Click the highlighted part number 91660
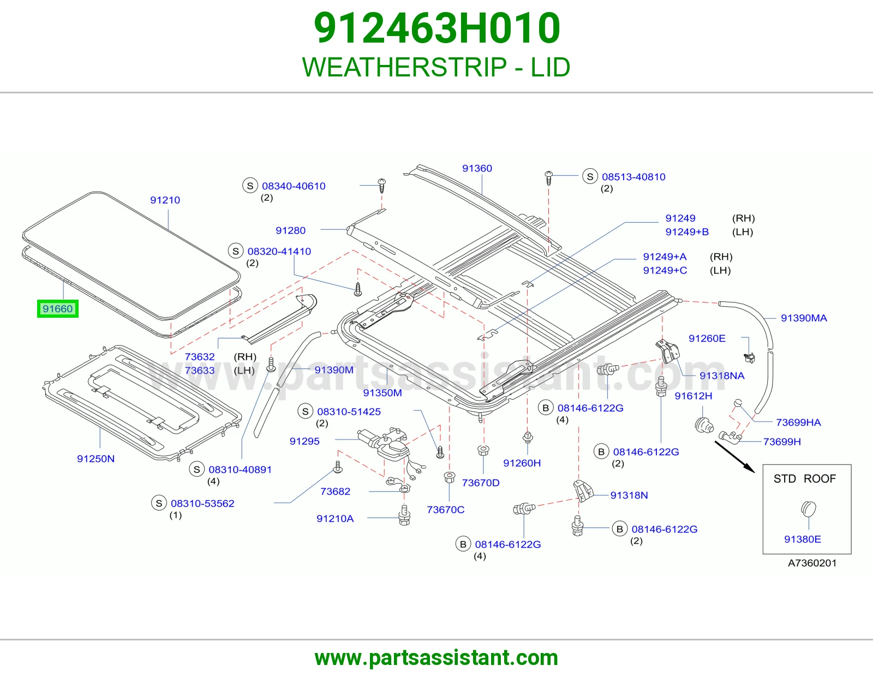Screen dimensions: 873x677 [x=57, y=309]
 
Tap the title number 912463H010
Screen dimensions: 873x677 [x=436, y=28]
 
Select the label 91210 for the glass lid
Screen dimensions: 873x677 [x=165, y=200]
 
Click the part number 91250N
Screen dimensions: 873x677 [x=96, y=459]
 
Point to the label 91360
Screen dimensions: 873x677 [x=477, y=168]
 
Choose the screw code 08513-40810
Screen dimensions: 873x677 [x=633, y=176]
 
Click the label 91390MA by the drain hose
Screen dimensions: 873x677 [x=804, y=318]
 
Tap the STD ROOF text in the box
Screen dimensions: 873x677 [x=805, y=478]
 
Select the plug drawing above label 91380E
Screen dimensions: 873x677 [x=808, y=509]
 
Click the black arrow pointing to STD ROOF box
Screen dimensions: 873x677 [x=734, y=456]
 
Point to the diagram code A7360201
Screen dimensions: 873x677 [x=812, y=563]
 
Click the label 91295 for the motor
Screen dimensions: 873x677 [x=304, y=441]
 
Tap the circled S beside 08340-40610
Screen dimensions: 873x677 [x=250, y=186]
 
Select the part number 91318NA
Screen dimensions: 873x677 [x=722, y=376]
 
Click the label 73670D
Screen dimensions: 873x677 [x=481, y=483]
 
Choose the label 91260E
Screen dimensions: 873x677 [x=707, y=338]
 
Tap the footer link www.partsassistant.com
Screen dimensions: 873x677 [x=436, y=658]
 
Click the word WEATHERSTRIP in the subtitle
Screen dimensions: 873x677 [x=404, y=67]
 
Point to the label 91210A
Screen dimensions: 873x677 [x=335, y=519]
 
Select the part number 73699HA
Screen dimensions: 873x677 [x=798, y=422]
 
